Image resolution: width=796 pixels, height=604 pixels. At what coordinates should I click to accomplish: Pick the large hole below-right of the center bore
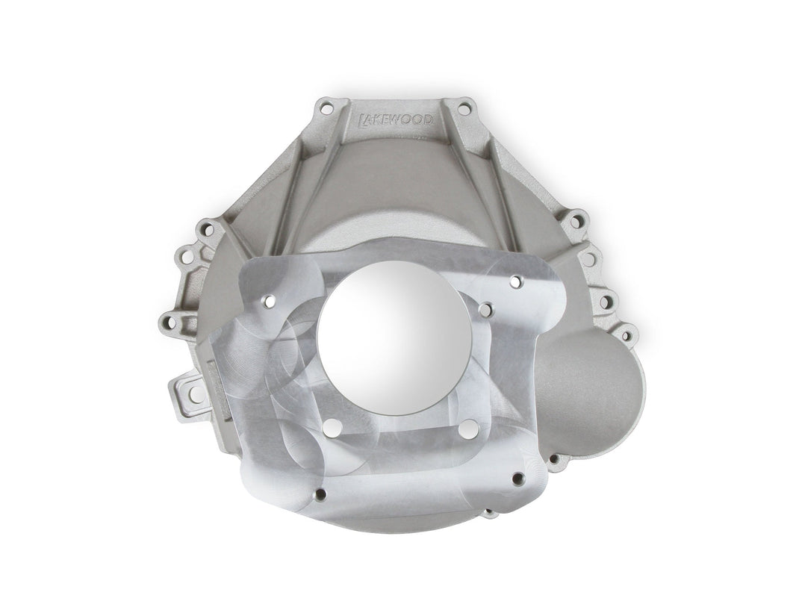pos(468,428)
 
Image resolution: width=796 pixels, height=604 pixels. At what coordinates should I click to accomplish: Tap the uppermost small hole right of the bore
pos(514,282)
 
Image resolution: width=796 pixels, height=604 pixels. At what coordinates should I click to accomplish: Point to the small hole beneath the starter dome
pos(556,461)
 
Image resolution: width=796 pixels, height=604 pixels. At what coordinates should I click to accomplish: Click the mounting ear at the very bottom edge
pos(489,514)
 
